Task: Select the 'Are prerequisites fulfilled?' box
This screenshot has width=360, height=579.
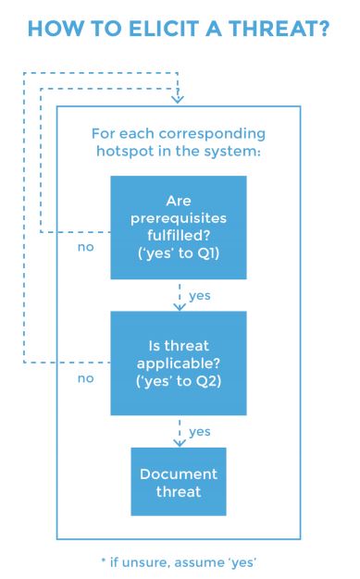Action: tap(178, 227)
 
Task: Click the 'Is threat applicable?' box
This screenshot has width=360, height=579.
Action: tap(178, 363)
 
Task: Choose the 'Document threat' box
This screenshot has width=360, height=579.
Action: tap(178, 482)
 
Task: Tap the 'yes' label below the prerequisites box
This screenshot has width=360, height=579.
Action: tap(199, 296)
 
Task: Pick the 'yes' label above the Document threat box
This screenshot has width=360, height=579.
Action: tap(199, 431)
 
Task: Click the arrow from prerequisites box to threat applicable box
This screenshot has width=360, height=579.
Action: tap(178, 295)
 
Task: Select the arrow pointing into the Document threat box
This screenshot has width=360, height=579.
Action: tap(178, 431)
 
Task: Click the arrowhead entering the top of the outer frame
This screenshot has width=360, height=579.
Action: tap(178, 99)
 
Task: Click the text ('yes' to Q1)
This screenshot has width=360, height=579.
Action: tap(178, 252)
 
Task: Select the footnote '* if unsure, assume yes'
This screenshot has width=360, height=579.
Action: tap(179, 561)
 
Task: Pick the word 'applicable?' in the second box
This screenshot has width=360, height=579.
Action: tap(178, 363)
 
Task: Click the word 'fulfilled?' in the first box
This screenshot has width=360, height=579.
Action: tap(178, 235)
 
